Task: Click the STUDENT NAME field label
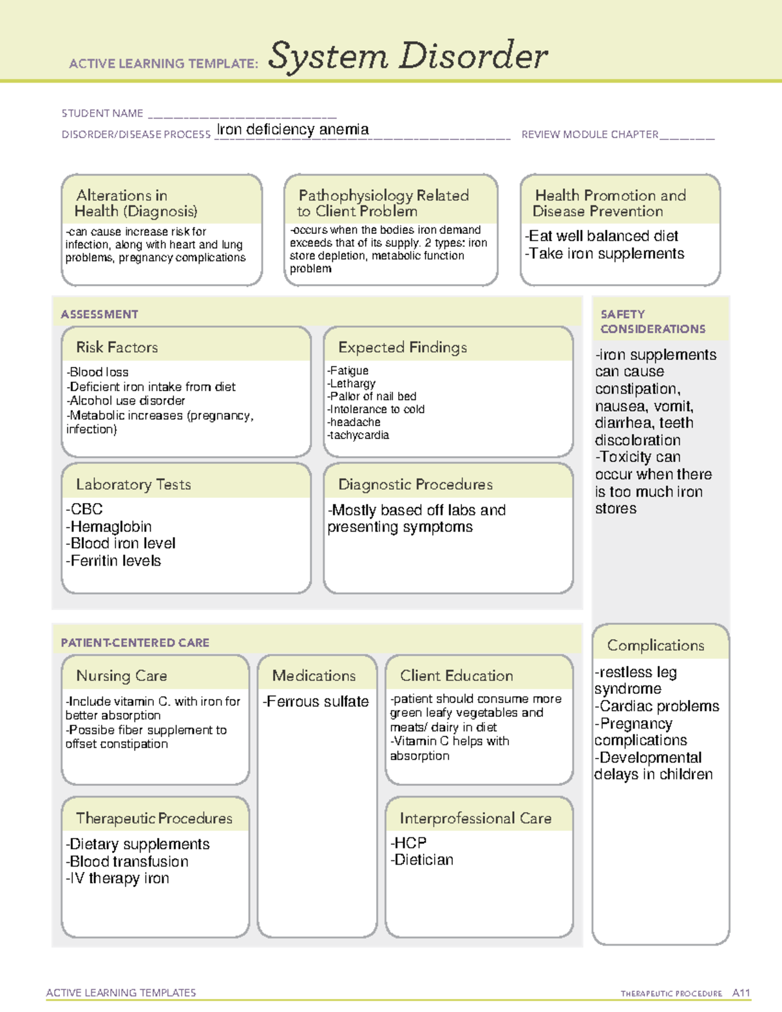pyautogui.click(x=102, y=113)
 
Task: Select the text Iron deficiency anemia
pyautogui.click(x=293, y=130)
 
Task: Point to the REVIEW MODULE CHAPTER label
pyautogui.click(x=589, y=134)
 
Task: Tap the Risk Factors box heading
pyautogui.click(x=117, y=347)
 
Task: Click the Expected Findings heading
pyautogui.click(x=402, y=347)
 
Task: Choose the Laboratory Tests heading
pyautogui.click(x=133, y=484)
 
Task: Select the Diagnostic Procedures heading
pyautogui.click(x=415, y=484)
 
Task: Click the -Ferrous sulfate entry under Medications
pyautogui.click(x=315, y=702)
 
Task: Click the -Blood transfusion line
pyautogui.click(x=127, y=861)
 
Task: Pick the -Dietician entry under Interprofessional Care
pyautogui.click(x=422, y=860)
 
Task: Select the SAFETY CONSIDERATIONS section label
pyautogui.click(x=652, y=322)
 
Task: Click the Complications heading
pyautogui.click(x=656, y=645)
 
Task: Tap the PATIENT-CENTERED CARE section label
pyautogui.click(x=135, y=643)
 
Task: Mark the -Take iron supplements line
pyautogui.click(x=604, y=253)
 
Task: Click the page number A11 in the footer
pyautogui.click(x=741, y=993)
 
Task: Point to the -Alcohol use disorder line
pyautogui.click(x=125, y=401)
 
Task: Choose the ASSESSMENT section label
pyautogui.click(x=99, y=314)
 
